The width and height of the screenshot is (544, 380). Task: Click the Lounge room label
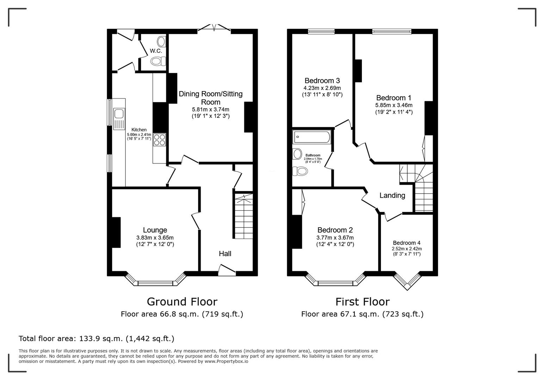pyautogui.click(x=155, y=230)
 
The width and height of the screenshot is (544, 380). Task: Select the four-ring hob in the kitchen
pyautogui.click(x=160, y=140)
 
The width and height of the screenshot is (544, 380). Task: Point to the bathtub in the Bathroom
pyautogui.click(x=312, y=137)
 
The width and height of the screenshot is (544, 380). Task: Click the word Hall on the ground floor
pyautogui.click(x=225, y=254)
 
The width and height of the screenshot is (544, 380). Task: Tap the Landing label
pyautogui.click(x=392, y=196)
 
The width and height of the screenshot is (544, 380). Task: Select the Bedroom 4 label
pyautogui.click(x=407, y=243)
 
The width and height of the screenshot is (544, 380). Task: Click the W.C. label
pyautogui.click(x=156, y=51)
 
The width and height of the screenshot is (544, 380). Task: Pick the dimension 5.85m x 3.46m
pyautogui.click(x=394, y=105)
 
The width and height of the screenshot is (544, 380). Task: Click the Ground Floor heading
pyautogui.click(x=182, y=302)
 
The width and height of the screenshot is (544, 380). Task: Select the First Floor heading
pyautogui.click(x=362, y=302)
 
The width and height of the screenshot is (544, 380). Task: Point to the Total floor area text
pyautogui.click(x=97, y=338)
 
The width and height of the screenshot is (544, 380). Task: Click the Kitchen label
pyautogui.click(x=139, y=130)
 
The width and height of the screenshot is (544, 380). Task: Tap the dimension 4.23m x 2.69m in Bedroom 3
pyautogui.click(x=322, y=88)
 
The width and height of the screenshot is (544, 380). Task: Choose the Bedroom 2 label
pyautogui.click(x=335, y=230)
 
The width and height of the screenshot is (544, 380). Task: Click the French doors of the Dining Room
pyautogui.click(x=214, y=28)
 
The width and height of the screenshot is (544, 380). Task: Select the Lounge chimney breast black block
pyautogui.click(x=116, y=233)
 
